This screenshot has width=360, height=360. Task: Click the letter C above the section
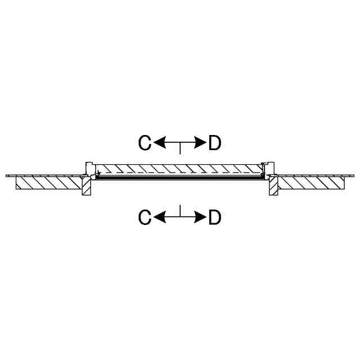tap(145, 143)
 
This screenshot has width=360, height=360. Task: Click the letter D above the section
tap(215, 143)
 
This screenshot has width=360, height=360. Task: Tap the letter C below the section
tap(145, 217)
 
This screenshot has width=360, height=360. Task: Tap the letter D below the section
tap(215, 217)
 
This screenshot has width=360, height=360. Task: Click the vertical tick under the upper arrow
tap(180, 149)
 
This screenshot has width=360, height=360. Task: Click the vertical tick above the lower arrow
tap(180, 211)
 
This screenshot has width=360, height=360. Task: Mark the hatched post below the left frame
tap(87, 188)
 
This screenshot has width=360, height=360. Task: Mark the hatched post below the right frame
tap(273, 188)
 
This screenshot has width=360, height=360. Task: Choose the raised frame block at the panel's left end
tap(89, 168)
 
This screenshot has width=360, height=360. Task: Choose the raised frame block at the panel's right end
tap(269, 168)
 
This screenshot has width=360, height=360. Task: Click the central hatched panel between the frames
tap(180, 168)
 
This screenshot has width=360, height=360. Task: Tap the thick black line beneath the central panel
tap(180, 177)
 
